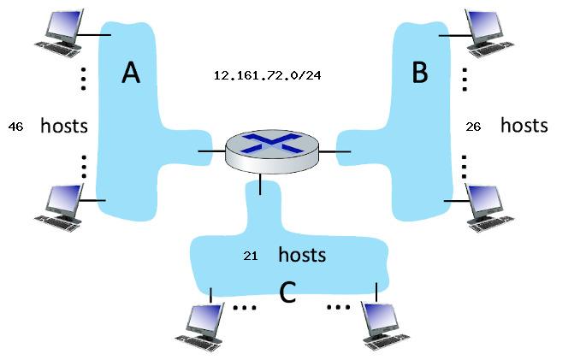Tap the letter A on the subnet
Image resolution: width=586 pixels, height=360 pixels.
130,74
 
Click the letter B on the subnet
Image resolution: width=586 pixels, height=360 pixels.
419,74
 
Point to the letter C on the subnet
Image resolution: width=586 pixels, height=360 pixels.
287,293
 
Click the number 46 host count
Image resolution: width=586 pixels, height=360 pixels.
15,127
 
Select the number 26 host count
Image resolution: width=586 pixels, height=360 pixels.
473,127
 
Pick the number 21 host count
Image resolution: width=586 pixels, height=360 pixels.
251,256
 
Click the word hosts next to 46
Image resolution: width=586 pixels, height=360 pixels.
64,127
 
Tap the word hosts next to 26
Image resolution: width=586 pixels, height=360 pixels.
524,126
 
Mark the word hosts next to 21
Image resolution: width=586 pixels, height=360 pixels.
302,255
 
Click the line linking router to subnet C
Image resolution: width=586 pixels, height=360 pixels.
260,183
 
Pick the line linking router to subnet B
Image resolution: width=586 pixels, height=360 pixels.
341,151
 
